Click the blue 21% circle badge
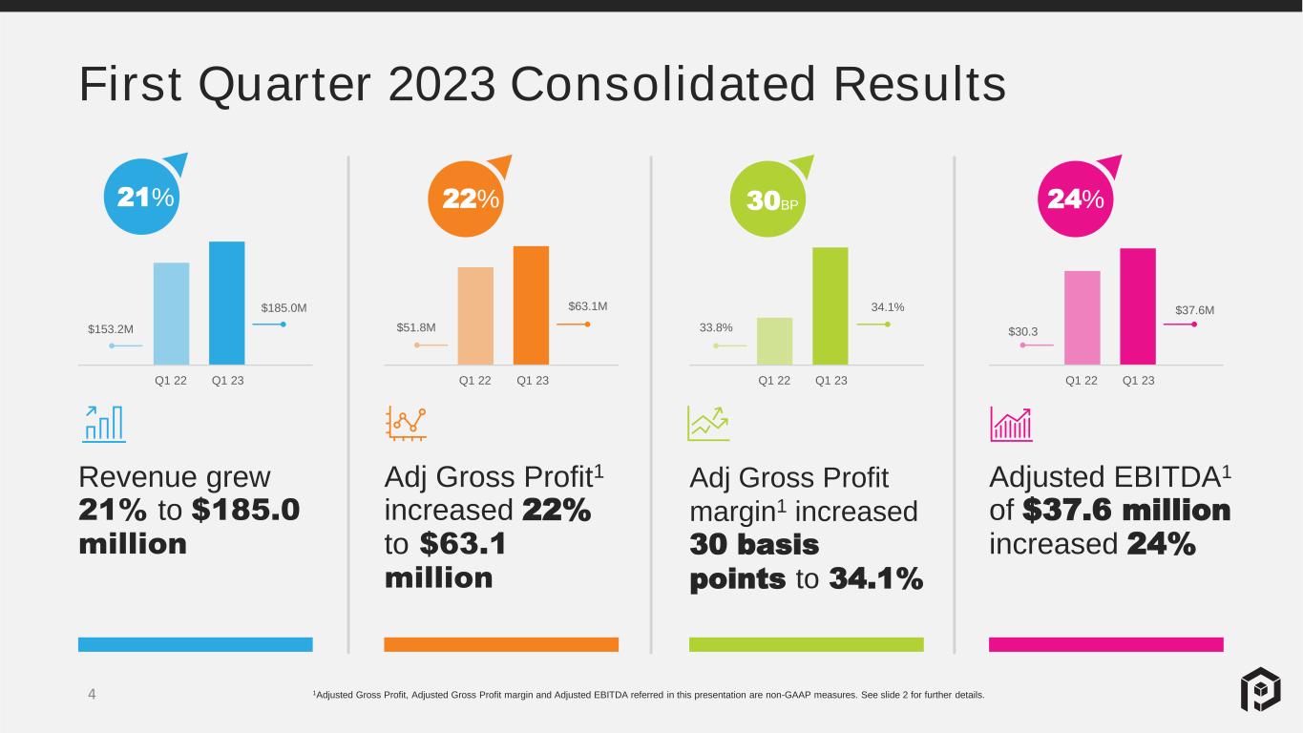click(x=142, y=197)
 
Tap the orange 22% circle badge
click(x=466, y=199)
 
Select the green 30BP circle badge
click(x=767, y=199)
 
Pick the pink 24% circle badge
click(x=1076, y=199)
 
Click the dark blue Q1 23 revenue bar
click(x=227, y=304)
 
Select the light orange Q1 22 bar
click(x=475, y=316)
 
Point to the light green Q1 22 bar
click(x=774, y=341)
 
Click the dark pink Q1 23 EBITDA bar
click(x=1138, y=306)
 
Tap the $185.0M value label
click(x=284, y=307)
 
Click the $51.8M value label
click(x=416, y=327)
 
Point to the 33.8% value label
click(x=716, y=327)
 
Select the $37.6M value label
click(x=1195, y=310)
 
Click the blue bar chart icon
click(x=103, y=424)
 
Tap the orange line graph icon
click(x=406, y=424)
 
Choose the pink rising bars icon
click(x=1012, y=424)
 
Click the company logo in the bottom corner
click(x=1261, y=689)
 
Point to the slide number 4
click(x=92, y=694)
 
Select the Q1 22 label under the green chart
click(x=774, y=381)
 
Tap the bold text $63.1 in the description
click(x=463, y=543)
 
